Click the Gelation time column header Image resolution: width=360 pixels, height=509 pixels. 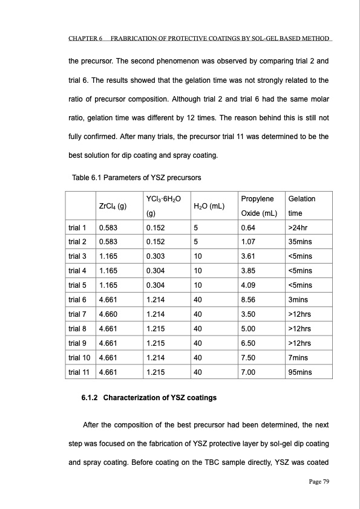[x=302, y=206]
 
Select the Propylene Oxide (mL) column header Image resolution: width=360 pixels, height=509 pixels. [x=258, y=206]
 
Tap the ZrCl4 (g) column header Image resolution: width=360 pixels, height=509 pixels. [x=112, y=206]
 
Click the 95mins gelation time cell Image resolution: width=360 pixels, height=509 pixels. [x=300, y=372]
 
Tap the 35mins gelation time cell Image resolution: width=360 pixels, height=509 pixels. [x=301, y=242]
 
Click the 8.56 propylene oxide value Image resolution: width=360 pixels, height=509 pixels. [x=248, y=299]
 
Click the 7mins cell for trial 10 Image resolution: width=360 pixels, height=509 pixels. [x=299, y=357]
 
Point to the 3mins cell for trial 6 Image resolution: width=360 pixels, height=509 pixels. [x=299, y=299]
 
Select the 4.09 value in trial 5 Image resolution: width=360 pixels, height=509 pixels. [x=248, y=285]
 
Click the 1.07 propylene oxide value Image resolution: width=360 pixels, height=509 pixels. [x=248, y=242]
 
